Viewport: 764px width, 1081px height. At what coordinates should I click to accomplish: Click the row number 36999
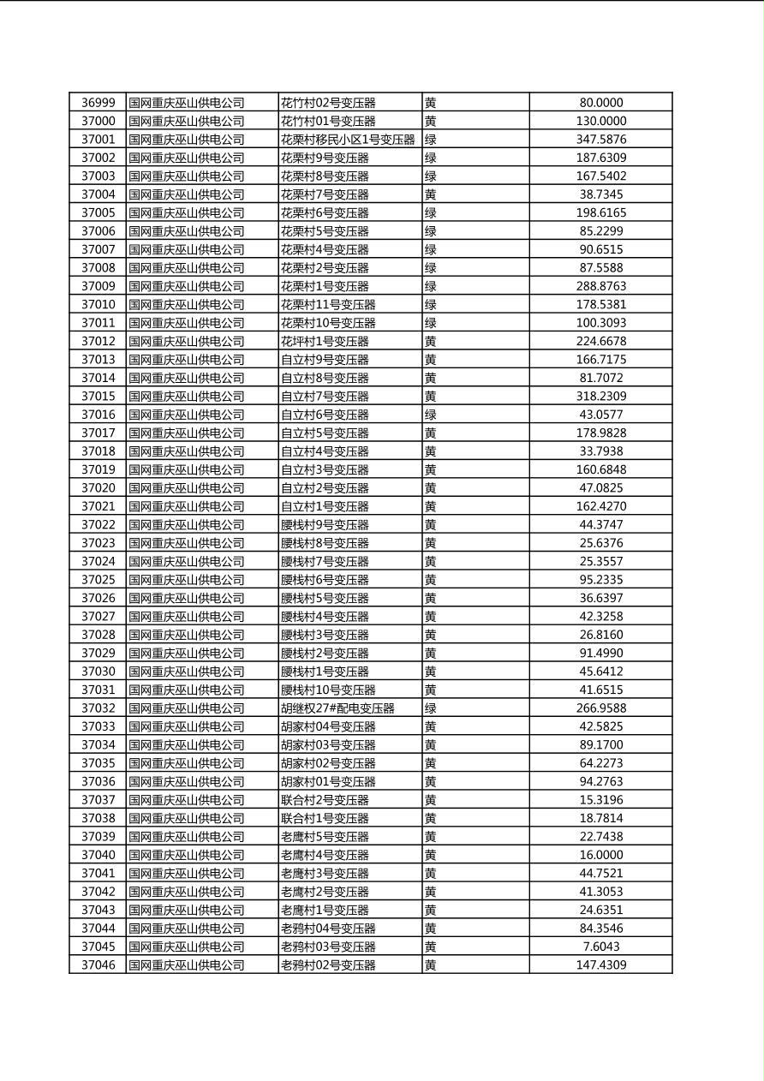click(98, 103)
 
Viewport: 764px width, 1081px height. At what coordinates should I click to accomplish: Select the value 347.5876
click(601, 140)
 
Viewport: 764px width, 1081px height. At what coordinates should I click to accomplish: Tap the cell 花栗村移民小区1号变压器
click(348, 140)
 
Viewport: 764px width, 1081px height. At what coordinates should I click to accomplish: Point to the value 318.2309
click(601, 397)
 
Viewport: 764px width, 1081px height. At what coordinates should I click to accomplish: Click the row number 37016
click(98, 415)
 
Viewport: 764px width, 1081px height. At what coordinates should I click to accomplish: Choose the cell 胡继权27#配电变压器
click(337, 708)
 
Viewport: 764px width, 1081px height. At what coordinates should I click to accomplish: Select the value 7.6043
click(601, 947)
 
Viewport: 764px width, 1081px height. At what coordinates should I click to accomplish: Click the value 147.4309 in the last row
click(601, 965)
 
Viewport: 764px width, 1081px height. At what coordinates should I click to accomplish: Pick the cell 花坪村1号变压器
click(325, 342)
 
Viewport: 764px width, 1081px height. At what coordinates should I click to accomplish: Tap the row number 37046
click(98, 965)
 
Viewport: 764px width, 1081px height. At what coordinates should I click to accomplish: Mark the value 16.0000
click(601, 855)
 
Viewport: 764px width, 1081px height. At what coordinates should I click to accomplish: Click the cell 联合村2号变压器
click(325, 800)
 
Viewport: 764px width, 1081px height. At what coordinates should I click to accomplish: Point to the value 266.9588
click(601, 708)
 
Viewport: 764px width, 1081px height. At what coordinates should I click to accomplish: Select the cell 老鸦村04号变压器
click(328, 929)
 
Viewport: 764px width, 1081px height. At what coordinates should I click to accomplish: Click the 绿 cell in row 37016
click(431, 415)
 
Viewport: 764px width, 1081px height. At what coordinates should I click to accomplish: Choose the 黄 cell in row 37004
click(431, 194)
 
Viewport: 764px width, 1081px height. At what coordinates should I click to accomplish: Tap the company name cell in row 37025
click(187, 580)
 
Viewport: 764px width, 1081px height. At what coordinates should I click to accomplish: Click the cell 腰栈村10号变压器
click(328, 690)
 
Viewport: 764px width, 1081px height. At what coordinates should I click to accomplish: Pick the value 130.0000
click(601, 122)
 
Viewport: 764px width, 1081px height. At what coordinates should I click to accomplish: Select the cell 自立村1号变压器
click(325, 506)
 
